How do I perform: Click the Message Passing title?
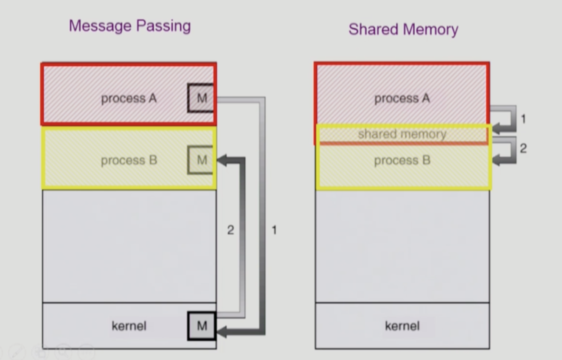point(130,26)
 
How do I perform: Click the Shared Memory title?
point(403,30)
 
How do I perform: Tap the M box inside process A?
point(201,98)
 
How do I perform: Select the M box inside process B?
point(201,160)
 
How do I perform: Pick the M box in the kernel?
point(201,326)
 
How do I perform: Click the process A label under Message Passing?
point(129,99)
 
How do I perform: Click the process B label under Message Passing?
point(129,160)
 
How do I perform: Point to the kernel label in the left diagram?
point(129,326)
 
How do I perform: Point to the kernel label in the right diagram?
point(402,326)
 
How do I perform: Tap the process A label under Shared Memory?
point(402,99)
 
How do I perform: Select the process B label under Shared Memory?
point(402,160)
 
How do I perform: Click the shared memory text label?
point(402,134)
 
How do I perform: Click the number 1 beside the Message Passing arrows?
point(274,230)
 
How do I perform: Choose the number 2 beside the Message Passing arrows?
point(230,230)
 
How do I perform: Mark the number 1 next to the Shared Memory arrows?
point(523,119)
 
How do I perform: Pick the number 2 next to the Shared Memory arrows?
point(523,148)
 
